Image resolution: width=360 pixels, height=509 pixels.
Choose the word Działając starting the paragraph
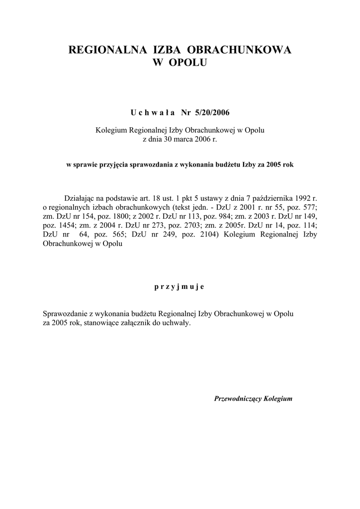tap(82, 198)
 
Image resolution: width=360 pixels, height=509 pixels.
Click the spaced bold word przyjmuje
tap(180, 287)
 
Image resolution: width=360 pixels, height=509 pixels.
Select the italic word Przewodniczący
tap(238, 399)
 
